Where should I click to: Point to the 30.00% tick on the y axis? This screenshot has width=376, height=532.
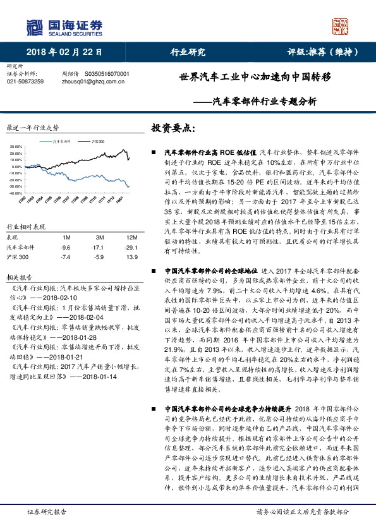16,147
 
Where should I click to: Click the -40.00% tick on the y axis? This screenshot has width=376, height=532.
16,193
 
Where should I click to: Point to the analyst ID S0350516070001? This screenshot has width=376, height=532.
106,74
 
